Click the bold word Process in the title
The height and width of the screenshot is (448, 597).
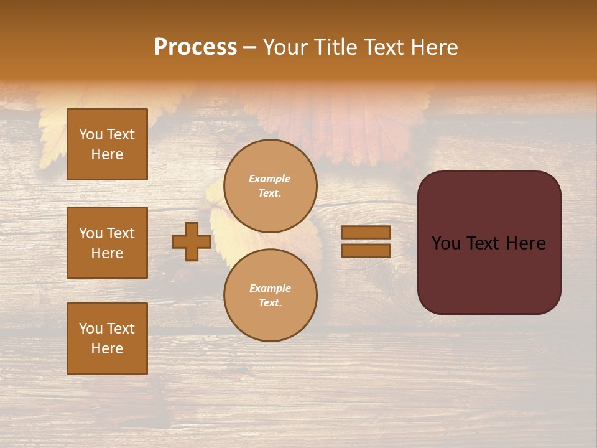[x=195, y=47]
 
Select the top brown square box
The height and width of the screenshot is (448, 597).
[x=107, y=144]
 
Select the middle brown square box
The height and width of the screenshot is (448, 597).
[x=107, y=243]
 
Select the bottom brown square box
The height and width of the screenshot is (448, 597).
[x=107, y=338]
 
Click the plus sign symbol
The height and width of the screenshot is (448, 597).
[x=192, y=241]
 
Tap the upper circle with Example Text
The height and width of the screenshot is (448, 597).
[x=270, y=186]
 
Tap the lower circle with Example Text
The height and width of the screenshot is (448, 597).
[x=270, y=296]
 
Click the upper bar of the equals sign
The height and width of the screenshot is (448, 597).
[x=366, y=233]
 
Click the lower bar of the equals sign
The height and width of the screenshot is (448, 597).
[x=366, y=250]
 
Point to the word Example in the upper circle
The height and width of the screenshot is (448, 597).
[x=270, y=179]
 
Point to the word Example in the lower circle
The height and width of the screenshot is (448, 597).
[x=270, y=288]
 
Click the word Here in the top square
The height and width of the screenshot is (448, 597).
[x=107, y=154]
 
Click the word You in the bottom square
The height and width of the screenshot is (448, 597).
[x=91, y=329]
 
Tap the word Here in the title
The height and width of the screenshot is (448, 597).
[x=435, y=47]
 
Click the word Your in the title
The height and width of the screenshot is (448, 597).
[x=285, y=47]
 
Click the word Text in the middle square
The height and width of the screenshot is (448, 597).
[x=121, y=233]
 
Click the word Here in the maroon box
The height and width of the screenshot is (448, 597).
[x=525, y=243]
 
